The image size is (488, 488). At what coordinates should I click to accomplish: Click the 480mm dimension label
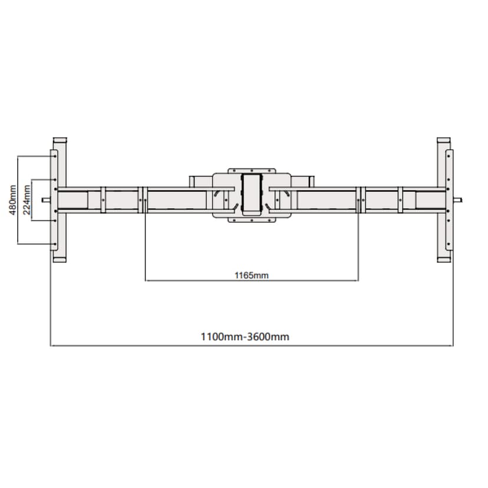(13, 200)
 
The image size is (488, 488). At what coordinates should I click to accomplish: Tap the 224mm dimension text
(27, 200)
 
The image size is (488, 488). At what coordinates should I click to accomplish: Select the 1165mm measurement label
(252, 275)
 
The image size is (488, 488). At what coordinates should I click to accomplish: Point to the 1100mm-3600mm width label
(245, 337)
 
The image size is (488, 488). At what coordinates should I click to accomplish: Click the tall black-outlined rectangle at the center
(252, 194)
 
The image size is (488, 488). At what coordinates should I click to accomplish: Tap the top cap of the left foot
(60, 140)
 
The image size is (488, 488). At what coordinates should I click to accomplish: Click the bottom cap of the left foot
(60, 259)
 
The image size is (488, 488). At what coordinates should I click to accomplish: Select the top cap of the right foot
(444, 140)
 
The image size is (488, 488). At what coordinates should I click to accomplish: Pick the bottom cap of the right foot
(444, 259)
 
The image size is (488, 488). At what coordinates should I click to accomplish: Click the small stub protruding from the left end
(46, 200)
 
